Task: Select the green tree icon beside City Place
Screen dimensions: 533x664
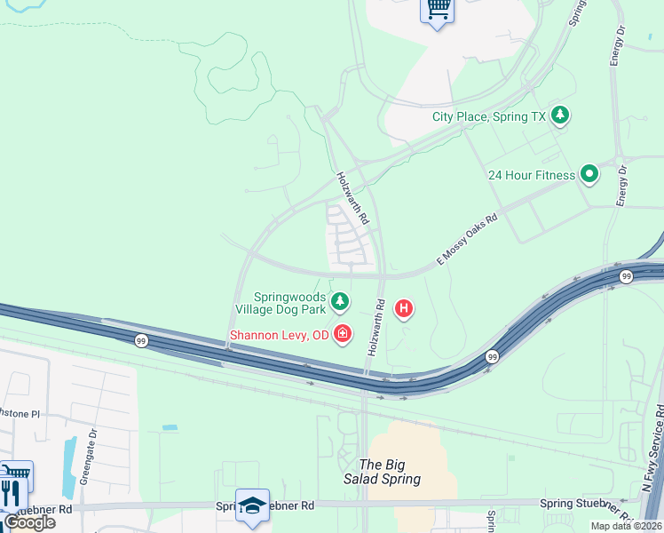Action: [x=560, y=115]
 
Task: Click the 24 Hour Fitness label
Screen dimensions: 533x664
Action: [x=531, y=175]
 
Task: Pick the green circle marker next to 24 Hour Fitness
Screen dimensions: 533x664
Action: [x=589, y=174]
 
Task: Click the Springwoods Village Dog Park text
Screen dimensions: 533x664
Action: [x=279, y=303]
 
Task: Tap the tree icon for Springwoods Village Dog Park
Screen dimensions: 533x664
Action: [x=339, y=302]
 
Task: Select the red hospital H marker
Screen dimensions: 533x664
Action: [x=404, y=309]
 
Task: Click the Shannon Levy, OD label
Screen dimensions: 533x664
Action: [x=279, y=336]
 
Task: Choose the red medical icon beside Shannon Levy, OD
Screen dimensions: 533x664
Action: [x=342, y=335]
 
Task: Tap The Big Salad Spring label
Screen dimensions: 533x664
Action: [x=389, y=472]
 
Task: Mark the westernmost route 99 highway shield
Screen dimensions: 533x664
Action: [x=141, y=340]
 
